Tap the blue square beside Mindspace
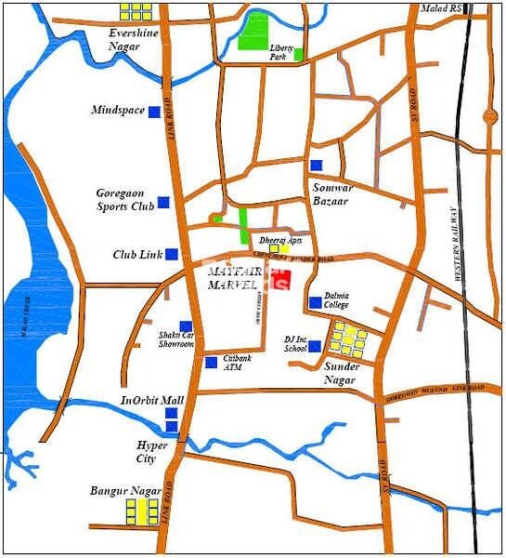tap(153, 111)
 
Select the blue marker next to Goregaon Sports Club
tap(162, 202)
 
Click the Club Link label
tap(136, 254)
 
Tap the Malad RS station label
tap(440, 8)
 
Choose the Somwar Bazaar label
tap(330, 193)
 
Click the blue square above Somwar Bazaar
tap(316, 165)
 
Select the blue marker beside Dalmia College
tap(315, 302)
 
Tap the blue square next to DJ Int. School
tap(315, 346)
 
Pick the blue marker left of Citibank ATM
tap(211, 362)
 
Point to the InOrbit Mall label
tap(152, 401)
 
